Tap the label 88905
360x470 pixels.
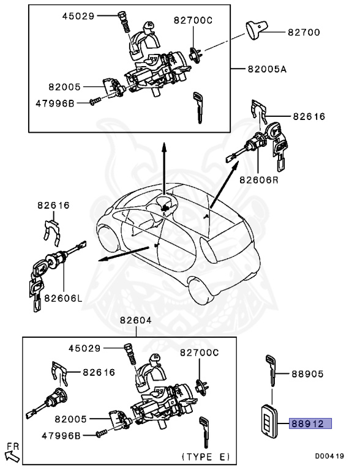[308, 374]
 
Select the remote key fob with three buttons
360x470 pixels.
[269, 421]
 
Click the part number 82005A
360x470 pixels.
[268, 70]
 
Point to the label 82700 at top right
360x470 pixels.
[304, 32]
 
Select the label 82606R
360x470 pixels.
[259, 180]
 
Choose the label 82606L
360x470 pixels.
[63, 299]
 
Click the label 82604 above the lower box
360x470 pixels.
[136, 320]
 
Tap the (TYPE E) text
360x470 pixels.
[206, 457]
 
